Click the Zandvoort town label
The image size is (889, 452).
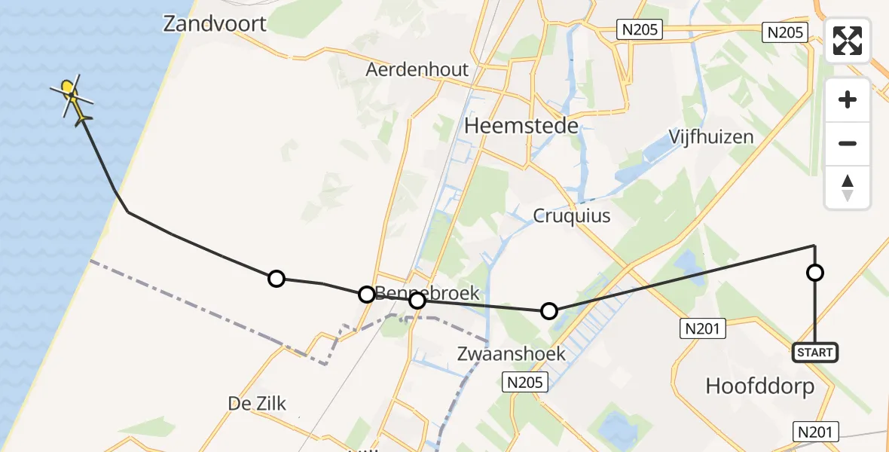click(215, 24)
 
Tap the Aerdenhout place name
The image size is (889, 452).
click(417, 70)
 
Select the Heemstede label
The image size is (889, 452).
click(521, 126)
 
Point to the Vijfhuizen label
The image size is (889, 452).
click(711, 137)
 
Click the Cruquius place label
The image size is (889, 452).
click(572, 216)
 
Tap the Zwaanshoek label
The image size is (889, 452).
click(512, 354)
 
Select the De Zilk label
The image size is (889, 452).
click(258, 404)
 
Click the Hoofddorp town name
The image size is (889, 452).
click(759, 386)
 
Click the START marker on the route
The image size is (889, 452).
click(814, 353)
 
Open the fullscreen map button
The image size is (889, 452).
click(848, 41)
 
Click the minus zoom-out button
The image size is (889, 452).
click(848, 143)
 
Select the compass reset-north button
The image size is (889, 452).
click(848, 187)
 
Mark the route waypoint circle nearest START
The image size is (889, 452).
click(814, 273)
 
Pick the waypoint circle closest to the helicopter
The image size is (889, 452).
click(276, 279)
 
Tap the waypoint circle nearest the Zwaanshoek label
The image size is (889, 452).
click(549, 310)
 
